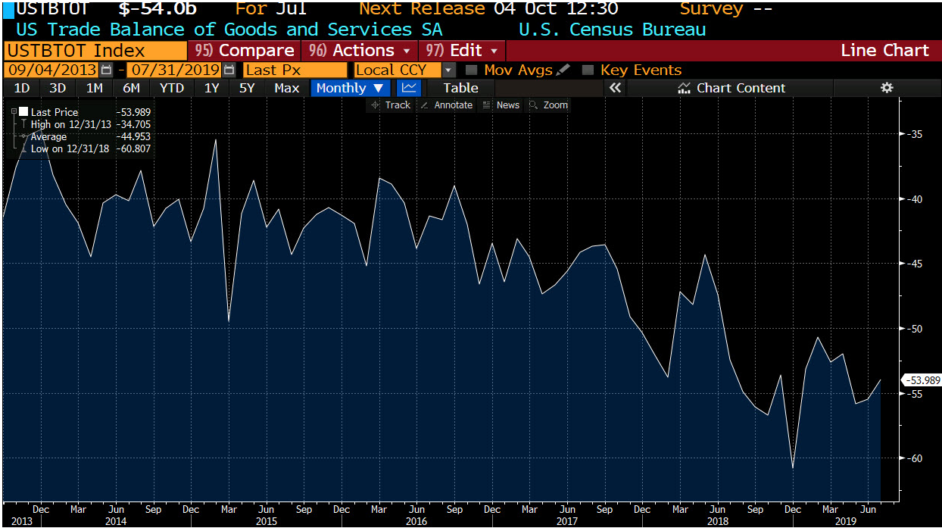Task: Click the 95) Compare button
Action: click(244, 51)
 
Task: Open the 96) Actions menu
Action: click(360, 51)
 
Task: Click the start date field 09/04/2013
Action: click(51, 70)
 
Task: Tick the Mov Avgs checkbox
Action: click(472, 70)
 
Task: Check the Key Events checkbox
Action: click(588, 70)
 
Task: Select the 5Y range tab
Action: click(247, 88)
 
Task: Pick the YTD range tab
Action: click(172, 88)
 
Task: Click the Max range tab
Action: click(286, 88)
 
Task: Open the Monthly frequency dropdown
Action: click(349, 88)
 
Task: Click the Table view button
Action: click(460, 88)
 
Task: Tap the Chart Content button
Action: click(731, 88)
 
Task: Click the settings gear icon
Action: click(887, 88)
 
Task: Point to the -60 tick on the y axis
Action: click(915, 458)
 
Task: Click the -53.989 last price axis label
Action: click(922, 380)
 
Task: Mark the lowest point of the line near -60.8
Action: click(793, 468)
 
